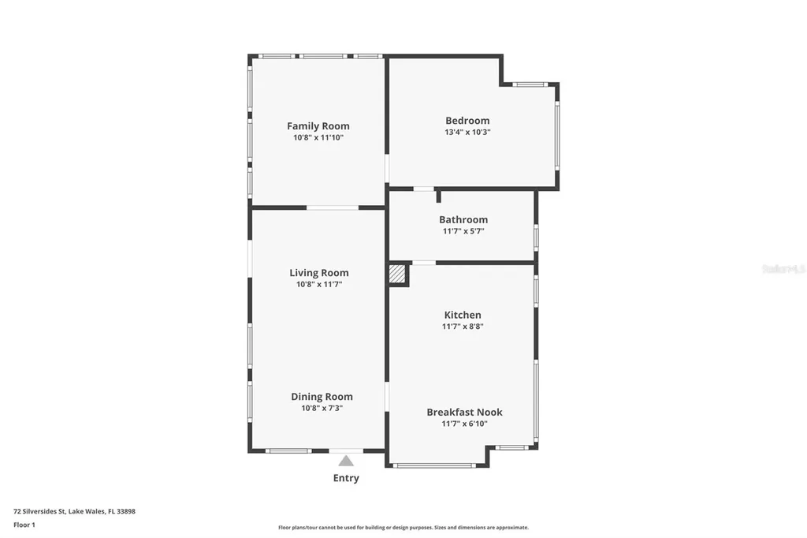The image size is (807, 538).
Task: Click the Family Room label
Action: [x=318, y=126]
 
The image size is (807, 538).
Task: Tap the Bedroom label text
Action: [x=467, y=121]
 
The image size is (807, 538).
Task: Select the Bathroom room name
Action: [x=463, y=219]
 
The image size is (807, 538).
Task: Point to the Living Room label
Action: [x=318, y=273]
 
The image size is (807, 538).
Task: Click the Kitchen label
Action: [x=463, y=315]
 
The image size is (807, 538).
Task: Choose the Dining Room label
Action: [x=322, y=397]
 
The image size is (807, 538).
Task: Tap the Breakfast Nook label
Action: [x=464, y=412]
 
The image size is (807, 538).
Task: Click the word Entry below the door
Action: [x=346, y=478]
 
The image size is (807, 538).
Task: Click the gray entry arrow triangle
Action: [x=346, y=461]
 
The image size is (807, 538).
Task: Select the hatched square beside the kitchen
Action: [x=397, y=274]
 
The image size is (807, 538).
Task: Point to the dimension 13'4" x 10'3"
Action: [x=467, y=133]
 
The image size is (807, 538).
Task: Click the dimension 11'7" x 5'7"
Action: [x=463, y=231]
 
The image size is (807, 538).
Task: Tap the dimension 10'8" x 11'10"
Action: [x=318, y=137]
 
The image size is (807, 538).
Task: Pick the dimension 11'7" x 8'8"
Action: [x=463, y=326]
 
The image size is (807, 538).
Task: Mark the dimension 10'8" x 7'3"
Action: [x=322, y=408]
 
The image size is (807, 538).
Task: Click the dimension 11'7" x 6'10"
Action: [x=464, y=424]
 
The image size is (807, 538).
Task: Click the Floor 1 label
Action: [x=24, y=525]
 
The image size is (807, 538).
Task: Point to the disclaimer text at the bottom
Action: [x=403, y=528]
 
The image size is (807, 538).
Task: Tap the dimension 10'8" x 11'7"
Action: [x=318, y=284]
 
